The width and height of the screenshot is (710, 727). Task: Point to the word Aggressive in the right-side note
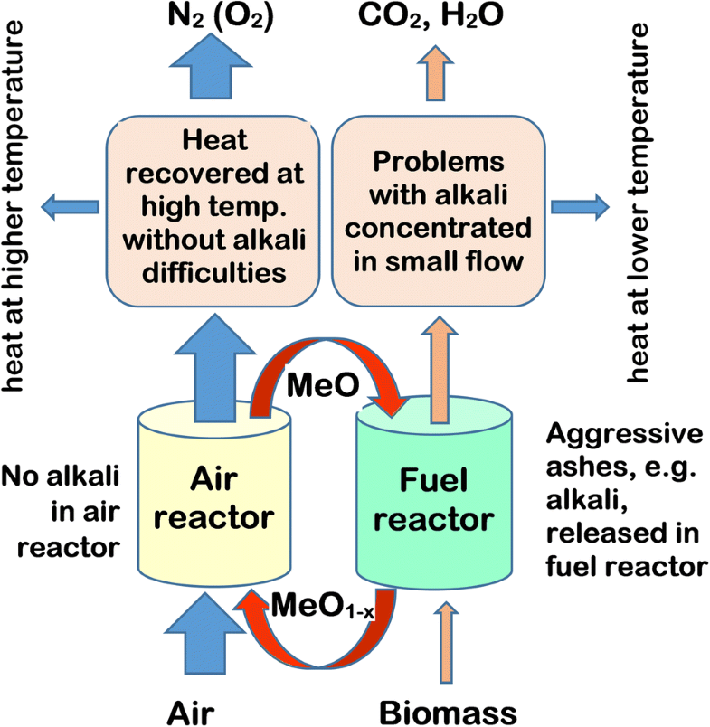(x=624, y=435)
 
